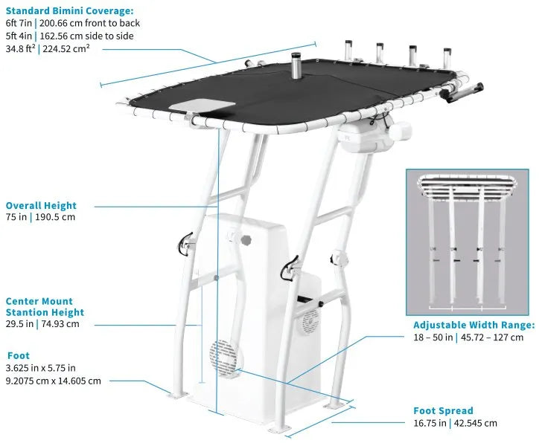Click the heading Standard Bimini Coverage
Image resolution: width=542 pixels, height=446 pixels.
(70, 10)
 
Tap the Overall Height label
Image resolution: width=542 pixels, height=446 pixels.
(41, 205)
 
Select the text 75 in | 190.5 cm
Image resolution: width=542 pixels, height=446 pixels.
(40, 218)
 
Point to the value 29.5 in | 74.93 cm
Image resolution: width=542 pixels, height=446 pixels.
(42, 324)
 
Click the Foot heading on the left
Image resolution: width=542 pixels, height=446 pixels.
(18, 355)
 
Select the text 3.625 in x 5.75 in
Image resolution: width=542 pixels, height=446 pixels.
(40, 368)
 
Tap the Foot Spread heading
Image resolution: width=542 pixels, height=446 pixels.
(443, 410)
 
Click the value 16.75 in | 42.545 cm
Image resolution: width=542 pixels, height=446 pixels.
(455, 423)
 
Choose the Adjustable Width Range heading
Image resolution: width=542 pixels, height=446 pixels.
(474, 325)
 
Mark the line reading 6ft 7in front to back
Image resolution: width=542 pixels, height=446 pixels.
(72, 23)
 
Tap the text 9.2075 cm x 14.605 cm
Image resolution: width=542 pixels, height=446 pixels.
(52, 381)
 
